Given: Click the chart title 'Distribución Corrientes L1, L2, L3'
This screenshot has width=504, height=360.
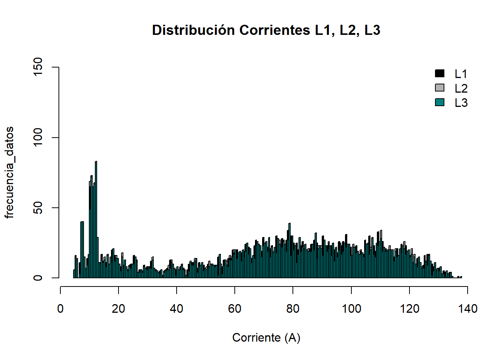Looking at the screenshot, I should (266, 30).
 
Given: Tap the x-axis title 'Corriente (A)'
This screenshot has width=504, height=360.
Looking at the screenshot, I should (266, 337).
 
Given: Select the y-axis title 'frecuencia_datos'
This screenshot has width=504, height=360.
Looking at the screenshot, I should (9, 172).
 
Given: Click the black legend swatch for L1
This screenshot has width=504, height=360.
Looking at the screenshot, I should (439, 73).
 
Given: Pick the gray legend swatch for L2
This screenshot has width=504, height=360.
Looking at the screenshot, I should (439, 88).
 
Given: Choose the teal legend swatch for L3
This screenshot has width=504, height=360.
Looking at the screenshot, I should (439, 102).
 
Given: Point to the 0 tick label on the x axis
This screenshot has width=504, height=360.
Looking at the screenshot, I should (60, 309).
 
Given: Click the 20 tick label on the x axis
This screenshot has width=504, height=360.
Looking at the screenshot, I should (118, 309).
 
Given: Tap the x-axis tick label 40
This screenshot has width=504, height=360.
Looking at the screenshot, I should (177, 309).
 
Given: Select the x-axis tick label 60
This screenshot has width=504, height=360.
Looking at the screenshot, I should (235, 309).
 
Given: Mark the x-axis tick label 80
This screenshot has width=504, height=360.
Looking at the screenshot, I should (293, 309).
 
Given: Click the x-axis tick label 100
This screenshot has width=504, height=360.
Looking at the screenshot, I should (351, 309).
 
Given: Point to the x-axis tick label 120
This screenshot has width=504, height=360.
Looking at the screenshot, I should (409, 309).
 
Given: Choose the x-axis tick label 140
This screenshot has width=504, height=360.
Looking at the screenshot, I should (468, 309).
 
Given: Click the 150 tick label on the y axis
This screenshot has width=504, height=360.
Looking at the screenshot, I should (38, 67).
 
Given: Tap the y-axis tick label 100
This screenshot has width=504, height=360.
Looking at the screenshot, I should (38, 138).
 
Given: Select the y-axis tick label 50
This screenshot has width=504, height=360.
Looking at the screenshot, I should (38, 208).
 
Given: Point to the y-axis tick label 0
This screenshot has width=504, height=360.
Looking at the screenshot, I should (38, 278).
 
